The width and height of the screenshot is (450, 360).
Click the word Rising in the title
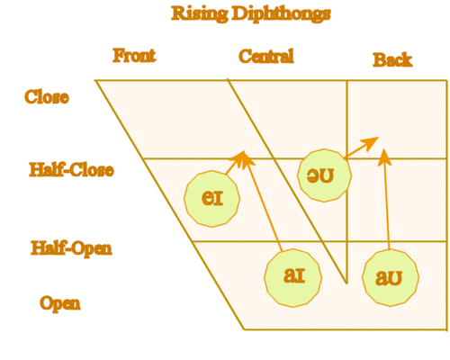(x=199, y=13)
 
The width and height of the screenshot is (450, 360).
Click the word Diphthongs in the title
(x=278, y=13)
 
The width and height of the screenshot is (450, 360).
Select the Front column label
(x=134, y=56)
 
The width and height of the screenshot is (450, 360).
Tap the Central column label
(x=265, y=57)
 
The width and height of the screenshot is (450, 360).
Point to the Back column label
(x=392, y=59)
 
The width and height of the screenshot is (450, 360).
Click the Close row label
(x=47, y=97)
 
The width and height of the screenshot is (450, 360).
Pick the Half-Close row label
(x=71, y=169)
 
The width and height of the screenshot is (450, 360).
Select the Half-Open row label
(x=71, y=247)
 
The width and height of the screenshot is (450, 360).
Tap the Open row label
(x=59, y=302)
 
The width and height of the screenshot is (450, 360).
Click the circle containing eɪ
(x=212, y=196)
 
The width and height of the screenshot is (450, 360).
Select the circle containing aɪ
(x=293, y=276)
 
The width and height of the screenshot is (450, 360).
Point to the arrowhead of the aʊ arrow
(x=384, y=157)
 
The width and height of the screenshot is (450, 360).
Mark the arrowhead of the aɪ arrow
(x=244, y=159)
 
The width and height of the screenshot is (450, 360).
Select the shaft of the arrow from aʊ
(x=387, y=207)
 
